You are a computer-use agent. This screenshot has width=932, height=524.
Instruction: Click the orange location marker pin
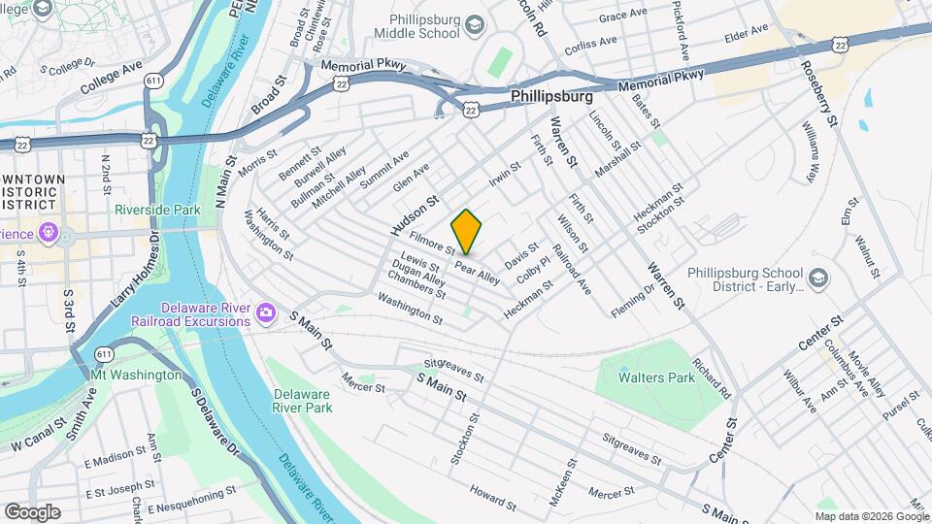tap(467, 232)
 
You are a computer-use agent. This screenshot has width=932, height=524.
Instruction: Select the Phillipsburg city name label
tap(551, 98)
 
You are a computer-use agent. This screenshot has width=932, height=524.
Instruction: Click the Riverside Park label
tap(156, 209)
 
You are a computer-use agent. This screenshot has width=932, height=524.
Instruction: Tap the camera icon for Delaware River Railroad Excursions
tap(265, 312)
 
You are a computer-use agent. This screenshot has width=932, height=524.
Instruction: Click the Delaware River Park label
tap(302, 400)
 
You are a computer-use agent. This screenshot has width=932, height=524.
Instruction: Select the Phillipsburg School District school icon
tap(818, 278)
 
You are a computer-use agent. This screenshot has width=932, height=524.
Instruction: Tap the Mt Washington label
tap(135, 375)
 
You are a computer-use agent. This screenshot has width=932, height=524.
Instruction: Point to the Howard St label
tap(492, 497)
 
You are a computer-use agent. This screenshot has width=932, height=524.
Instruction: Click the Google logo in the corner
tap(32, 511)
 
